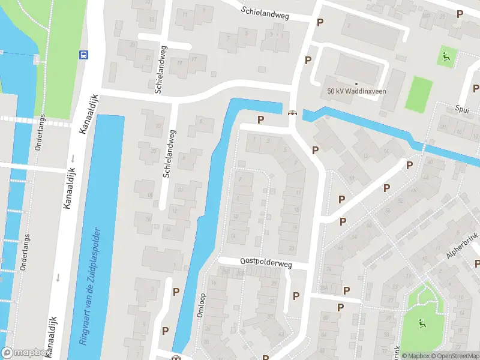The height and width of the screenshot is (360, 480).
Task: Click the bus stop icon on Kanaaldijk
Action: pyautogui.click(x=83, y=55)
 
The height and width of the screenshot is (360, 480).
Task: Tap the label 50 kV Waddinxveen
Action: pyautogui.click(x=356, y=91)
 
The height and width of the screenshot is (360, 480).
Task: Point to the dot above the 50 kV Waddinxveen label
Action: pyautogui.click(x=356, y=83)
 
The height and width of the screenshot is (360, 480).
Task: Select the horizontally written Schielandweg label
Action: pyautogui.click(x=265, y=13)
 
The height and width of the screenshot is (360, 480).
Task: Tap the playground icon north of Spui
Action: pyautogui.click(x=445, y=57)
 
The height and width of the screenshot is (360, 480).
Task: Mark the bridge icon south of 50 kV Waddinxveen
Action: pyautogui.click(x=292, y=113)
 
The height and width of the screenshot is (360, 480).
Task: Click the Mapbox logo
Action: pyautogui.click(x=24, y=353)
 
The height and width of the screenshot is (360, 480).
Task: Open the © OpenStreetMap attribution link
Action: pyautogui.click(x=454, y=356)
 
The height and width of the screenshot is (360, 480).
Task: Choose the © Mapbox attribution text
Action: pyautogui.click(x=415, y=356)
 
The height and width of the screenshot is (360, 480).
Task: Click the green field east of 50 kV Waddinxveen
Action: pyautogui.click(x=418, y=94)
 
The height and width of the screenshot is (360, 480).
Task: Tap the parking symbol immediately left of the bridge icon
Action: pyautogui.click(x=260, y=119)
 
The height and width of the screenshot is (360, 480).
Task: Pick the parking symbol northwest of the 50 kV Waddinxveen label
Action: pyautogui.click(x=308, y=60)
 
